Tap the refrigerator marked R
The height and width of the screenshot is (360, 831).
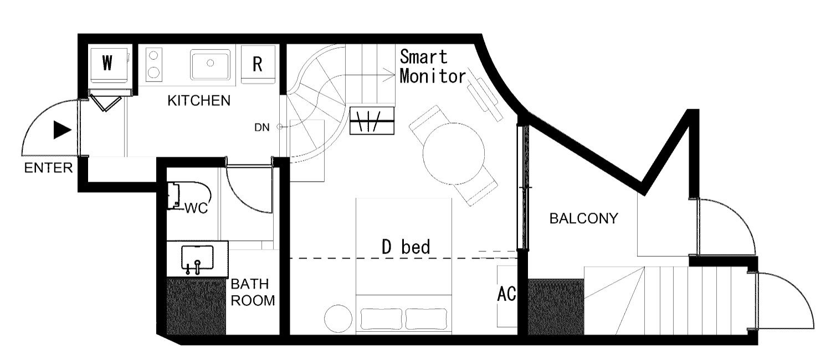click(x=258, y=64)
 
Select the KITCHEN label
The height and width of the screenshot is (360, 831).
click(x=199, y=100)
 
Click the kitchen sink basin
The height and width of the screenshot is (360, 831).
click(x=210, y=64)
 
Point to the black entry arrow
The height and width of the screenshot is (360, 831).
click(x=62, y=130)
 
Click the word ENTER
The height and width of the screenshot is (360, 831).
click(x=48, y=168)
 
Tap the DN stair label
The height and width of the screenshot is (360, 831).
click(x=262, y=127)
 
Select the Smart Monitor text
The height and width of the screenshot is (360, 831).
click(x=432, y=67)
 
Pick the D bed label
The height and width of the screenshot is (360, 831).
click(x=406, y=247)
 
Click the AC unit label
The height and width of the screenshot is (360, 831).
click(x=506, y=294)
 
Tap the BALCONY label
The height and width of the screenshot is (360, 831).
click(x=583, y=218)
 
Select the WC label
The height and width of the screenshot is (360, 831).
click(x=196, y=208)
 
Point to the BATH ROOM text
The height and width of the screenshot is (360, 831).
click(x=253, y=292)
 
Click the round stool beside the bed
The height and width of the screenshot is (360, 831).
click(x=338, y=318)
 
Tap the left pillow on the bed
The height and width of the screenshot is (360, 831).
click(x=381, y=319)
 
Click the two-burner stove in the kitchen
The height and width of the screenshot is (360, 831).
click(x=153, y=65)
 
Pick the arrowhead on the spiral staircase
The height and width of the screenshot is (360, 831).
click(x=390, y=75)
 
